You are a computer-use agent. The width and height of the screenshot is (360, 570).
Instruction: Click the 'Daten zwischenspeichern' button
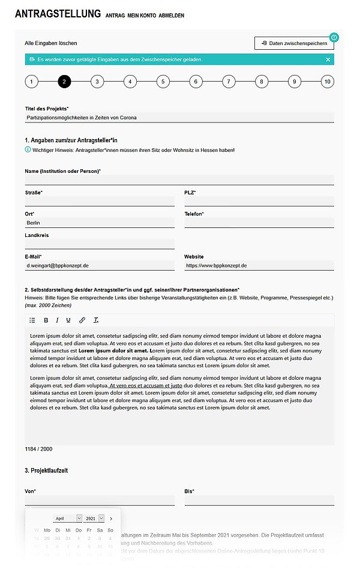[x=294, y=43]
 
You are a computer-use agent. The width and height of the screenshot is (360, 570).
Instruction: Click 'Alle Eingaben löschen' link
[x=51, y=43]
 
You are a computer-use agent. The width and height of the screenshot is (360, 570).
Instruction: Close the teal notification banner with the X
[x=328, y=59]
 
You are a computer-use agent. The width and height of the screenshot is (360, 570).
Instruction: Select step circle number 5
[x=163, y=82]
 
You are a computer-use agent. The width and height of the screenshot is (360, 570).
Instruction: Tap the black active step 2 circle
[x=65, y=82]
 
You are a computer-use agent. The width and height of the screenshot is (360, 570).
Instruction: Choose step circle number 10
[x=327, y=82]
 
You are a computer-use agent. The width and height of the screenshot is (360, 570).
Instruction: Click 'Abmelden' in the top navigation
[x=172, y=15]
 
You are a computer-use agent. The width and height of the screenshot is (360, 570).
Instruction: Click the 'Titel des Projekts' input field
[x=179, y=118]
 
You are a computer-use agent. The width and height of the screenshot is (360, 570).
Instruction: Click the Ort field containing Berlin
[x=100, y=223]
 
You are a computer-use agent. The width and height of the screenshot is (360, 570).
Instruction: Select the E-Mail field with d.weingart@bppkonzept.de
[x=100, y=265]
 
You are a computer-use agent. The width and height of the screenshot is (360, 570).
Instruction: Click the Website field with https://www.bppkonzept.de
[x=259, y=265]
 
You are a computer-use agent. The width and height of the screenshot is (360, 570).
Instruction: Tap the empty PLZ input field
[x=259, y=201]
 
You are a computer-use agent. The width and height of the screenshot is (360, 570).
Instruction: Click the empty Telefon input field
[x=259, y=223]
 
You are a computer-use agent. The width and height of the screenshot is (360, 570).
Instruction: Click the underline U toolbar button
[x=68, y=320]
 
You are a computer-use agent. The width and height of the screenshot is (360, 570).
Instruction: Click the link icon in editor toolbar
[x=82, y=320]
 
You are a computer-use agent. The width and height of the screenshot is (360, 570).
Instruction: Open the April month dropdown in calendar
[x=68, y=518]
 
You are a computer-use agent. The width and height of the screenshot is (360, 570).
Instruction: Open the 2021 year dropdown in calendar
[x=94, y=518]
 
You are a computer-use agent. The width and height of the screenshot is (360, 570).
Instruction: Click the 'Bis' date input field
[x=259, y=500]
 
